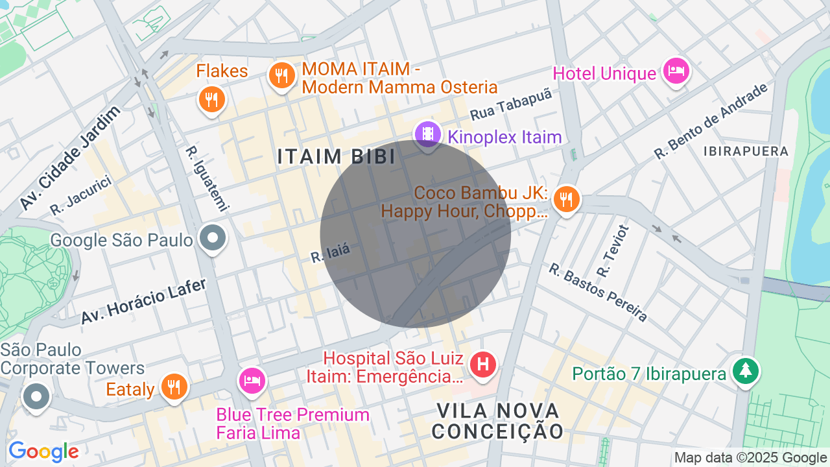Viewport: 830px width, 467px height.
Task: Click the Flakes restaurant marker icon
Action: (x=211, y=99)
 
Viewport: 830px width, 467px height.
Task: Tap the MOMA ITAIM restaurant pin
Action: (x=282, y=77)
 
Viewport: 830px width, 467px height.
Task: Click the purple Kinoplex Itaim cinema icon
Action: (x=427, y=134)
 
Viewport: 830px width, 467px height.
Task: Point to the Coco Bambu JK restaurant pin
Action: (x=567, y=199)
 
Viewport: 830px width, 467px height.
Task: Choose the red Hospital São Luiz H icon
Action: (x=482, y=365)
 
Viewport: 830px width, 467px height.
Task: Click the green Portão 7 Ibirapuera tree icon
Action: (x=746, y=370)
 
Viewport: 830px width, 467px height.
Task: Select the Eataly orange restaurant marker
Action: (x=174, y=387)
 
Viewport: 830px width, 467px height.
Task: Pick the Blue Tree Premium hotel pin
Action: (x=252, y=379)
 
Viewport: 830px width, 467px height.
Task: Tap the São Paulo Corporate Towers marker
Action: (x=36, y=396)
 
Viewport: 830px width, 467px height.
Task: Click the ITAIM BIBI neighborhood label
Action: (x=337, y=156)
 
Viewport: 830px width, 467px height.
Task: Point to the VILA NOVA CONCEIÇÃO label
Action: (x=498, y=421)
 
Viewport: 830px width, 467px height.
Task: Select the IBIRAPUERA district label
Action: (x=746, y=151)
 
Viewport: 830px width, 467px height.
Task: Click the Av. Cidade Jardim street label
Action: (x=70, y=158)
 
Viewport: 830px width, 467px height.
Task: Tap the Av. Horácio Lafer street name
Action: (x=143, y=302)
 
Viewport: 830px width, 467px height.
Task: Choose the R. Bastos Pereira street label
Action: (x=598, y=292)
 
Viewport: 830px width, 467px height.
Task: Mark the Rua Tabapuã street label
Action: (x=511, y=104)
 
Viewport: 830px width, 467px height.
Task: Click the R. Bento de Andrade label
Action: (x=711, y=121)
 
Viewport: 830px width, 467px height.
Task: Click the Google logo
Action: (x=43, y=451)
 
